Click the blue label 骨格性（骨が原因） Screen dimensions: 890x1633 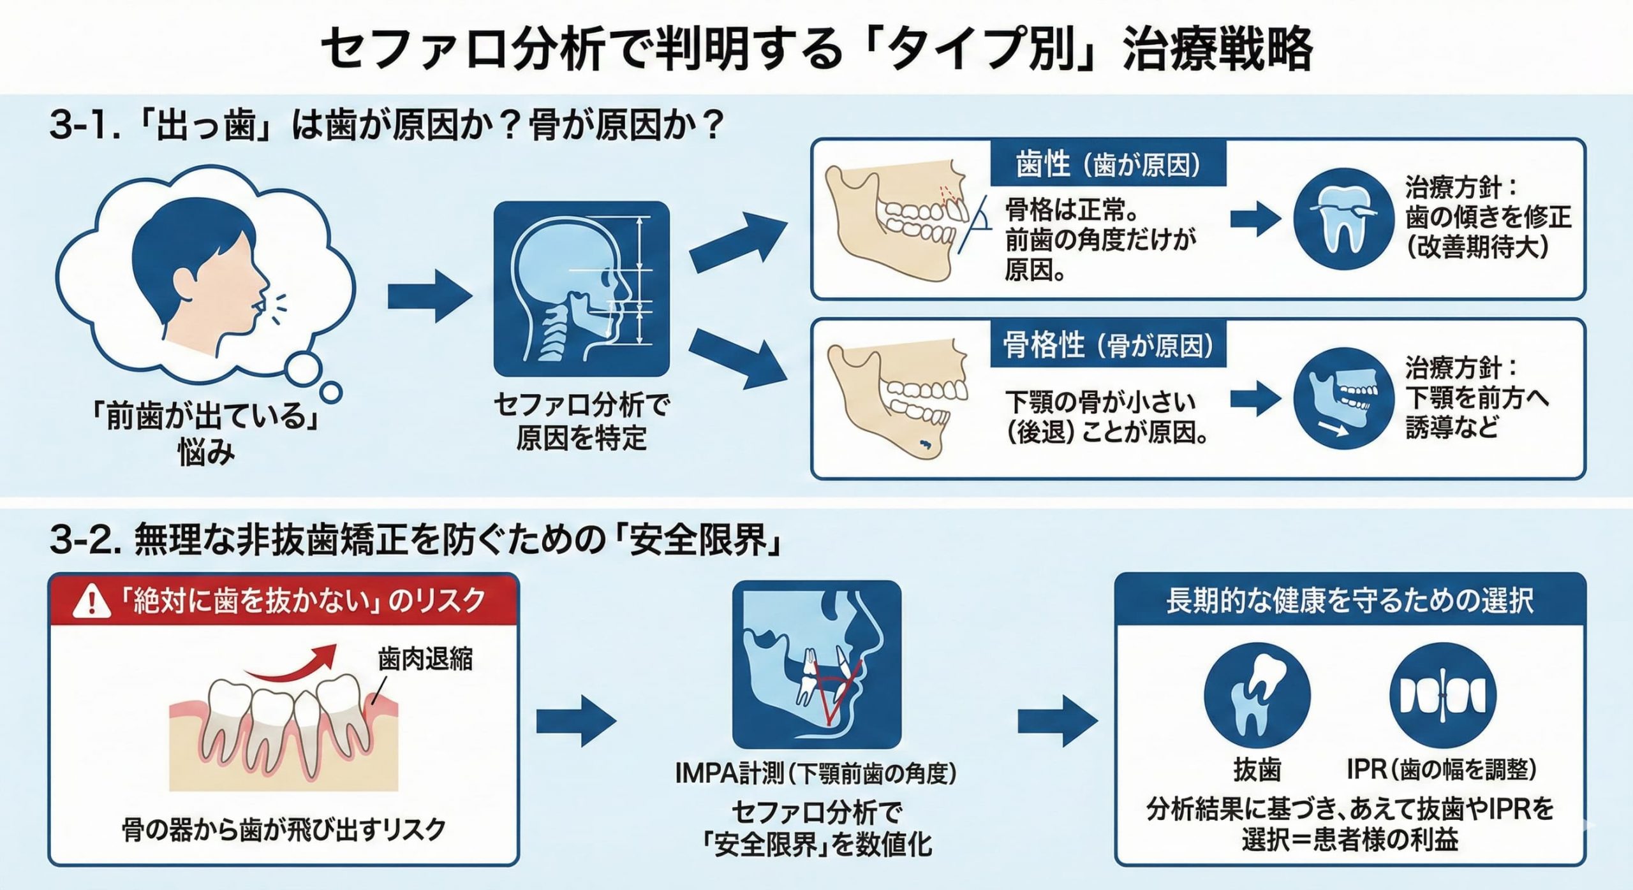click(1108, 346)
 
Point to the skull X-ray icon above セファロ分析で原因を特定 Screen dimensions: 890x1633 click(581, 289)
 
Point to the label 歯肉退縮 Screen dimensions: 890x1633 click(425, 659)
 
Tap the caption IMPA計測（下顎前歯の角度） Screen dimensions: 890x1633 click(816, 774)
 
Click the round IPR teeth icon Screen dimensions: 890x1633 click(1442, 695)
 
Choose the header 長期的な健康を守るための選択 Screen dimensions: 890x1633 click(1349, 601)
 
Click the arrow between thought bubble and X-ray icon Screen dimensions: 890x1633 click(430, 296)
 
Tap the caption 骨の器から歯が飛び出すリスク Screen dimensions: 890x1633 click(283, 829)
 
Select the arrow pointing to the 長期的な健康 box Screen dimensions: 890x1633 click(1058, 721)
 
